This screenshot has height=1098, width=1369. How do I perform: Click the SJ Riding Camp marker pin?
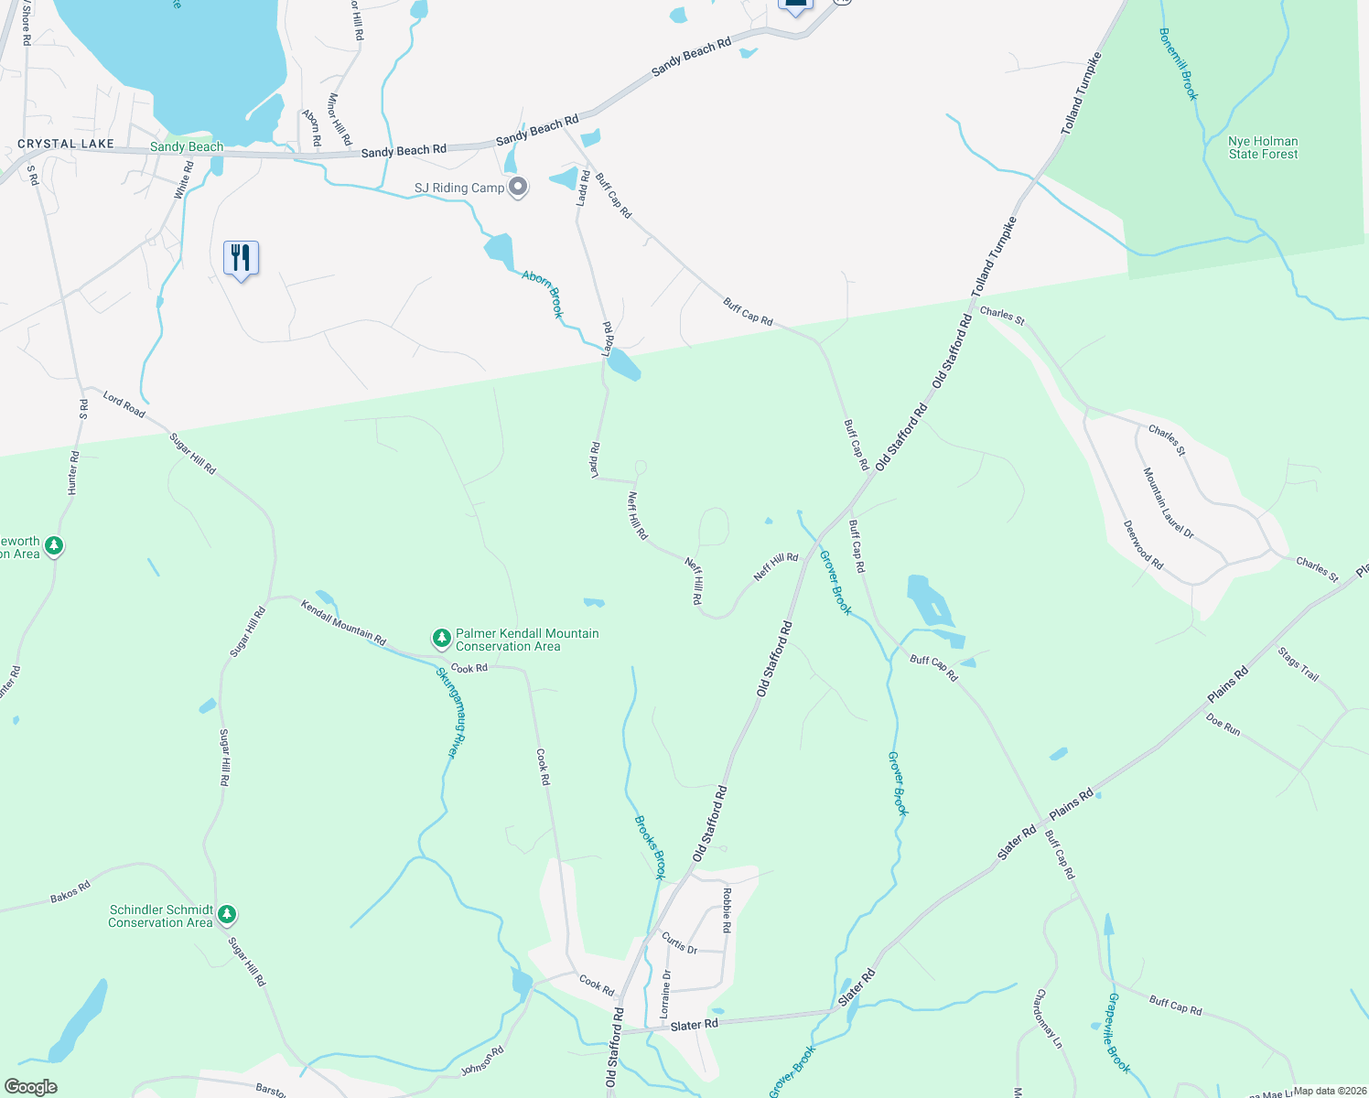point(518,187)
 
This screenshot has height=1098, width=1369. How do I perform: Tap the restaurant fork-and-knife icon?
point(241,258)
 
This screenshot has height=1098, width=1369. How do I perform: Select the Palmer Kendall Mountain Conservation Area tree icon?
point(442,637)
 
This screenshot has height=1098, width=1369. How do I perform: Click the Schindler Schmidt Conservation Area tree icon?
point(228,914)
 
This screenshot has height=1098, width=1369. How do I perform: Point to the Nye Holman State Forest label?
point(1263,147)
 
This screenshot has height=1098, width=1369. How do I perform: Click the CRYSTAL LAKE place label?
point(66,144)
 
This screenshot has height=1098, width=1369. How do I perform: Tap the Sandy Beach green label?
point(187,146)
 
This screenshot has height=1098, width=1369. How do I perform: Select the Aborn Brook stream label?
point(544,293)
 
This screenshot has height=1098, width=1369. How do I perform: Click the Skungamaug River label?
point(446,713)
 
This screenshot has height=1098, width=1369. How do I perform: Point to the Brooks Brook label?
point(650,846)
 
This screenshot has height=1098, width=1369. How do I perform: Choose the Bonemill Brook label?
point(1178,64)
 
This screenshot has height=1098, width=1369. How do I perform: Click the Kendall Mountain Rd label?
point(343,622)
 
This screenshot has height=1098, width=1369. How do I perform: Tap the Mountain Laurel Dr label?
point(1169,502)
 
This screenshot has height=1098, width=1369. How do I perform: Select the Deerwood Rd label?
point(1143,545)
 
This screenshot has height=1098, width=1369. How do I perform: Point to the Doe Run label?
point(1223,725)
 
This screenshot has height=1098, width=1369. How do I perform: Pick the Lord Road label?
point(124,404)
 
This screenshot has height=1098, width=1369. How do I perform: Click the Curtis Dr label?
point(679,943)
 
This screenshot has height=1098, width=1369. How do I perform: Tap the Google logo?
point(31,1086)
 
